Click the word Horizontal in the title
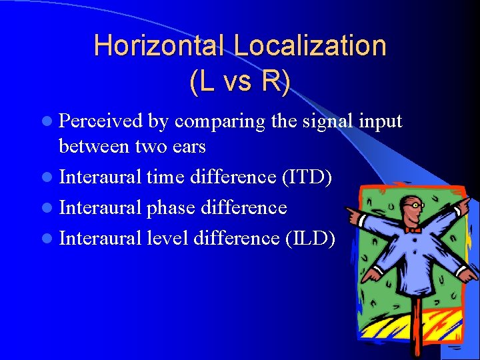click(x=161, y=46)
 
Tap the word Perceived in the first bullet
click(x=101, y=121)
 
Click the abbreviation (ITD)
click(x=308, y=177)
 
